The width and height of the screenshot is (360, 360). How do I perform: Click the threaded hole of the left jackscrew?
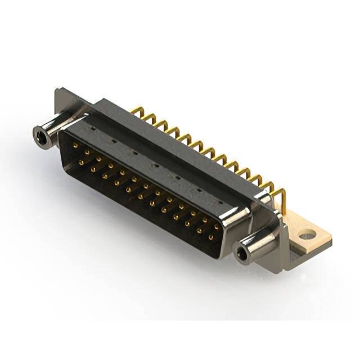point(39,135)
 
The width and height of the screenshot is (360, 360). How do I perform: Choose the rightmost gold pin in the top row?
point(217,224)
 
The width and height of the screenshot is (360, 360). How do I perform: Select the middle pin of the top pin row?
point(145,186)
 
